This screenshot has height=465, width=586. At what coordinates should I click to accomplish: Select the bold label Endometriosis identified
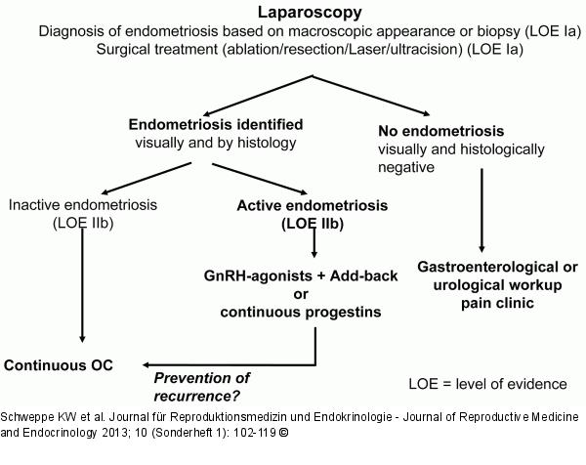[216, 124]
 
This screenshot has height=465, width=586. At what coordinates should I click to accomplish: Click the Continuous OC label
[59, 365]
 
